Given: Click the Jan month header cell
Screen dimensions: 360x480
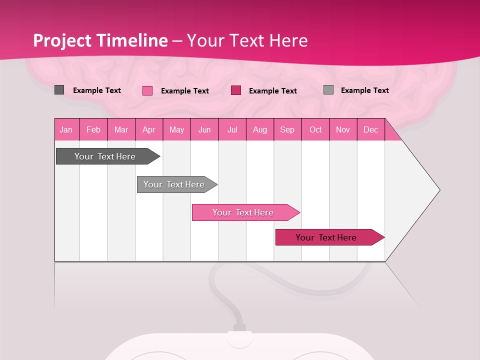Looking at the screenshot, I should [66, 129].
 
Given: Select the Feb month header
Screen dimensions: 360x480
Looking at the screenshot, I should [93, 129].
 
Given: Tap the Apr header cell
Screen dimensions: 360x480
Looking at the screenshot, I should [149, 129].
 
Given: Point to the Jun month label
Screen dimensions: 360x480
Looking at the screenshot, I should [204, 130].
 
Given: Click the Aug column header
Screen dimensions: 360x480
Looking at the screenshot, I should [260, 129].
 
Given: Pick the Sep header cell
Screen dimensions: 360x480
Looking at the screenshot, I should [287, 129].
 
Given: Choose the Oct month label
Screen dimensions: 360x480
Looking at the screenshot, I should [315, 129].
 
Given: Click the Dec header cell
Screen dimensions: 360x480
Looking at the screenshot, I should [371, 129].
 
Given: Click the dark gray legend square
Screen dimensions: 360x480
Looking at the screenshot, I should [59, 90].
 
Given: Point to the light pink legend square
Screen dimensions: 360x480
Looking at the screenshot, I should [147, 90].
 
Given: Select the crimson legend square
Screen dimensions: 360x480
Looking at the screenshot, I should [236, 90].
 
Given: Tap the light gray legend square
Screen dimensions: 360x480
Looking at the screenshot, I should [328, 90].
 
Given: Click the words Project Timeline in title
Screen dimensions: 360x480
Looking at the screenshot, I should [100, 40].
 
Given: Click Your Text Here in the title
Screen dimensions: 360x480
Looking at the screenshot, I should [247, 40].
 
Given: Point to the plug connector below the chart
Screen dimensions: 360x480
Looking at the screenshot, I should [239, 328].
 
